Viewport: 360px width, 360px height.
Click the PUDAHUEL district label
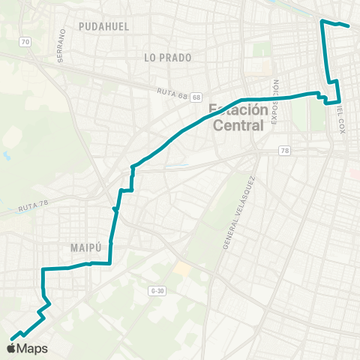click(104, 25)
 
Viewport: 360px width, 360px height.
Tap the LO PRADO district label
click(168, 57)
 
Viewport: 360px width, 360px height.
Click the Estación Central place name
click(238, 117)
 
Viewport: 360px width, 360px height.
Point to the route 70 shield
click(25, 43)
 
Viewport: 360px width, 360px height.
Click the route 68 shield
click(196, 97)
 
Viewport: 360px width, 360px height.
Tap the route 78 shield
click(284, 151)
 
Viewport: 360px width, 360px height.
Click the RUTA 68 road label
click(172, 93)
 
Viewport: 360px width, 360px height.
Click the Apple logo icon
click(12, 348)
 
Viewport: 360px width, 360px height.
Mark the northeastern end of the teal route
click(349, 25)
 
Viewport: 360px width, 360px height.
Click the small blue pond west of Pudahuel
click(6, 156)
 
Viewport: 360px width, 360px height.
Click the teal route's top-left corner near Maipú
click(43, 268)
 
